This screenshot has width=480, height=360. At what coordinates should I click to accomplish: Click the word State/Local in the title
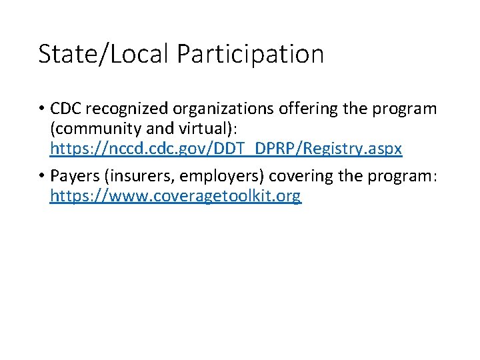click(104, 54)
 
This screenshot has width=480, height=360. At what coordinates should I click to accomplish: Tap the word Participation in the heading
click(250, 54)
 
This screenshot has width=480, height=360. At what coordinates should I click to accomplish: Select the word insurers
click(137, 176)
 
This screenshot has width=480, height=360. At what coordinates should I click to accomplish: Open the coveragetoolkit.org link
click(175, 196)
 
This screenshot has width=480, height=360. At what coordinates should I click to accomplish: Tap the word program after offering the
click(406, 109)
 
